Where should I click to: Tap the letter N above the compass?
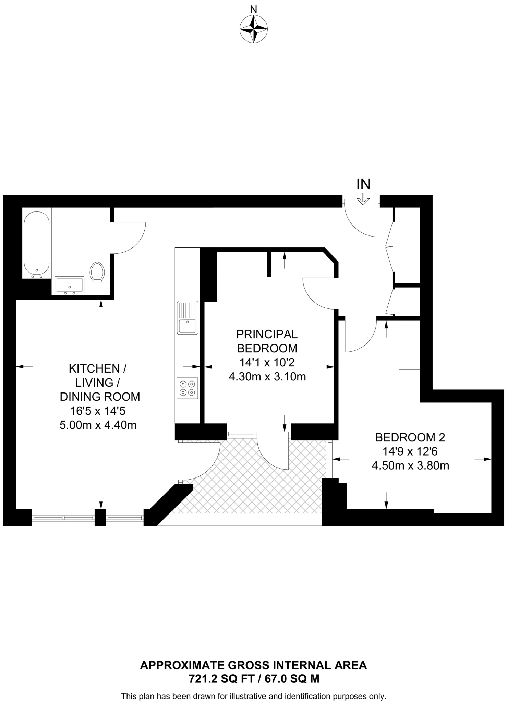pos(253,10)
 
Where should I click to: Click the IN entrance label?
pos(363,184)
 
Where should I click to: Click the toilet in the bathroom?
pos(97,272)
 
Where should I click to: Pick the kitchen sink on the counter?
pos(188,317)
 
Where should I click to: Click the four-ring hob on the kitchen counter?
pos(188,388)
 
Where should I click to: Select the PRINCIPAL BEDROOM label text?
pos(267,341)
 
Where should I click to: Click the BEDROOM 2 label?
pos(410,437)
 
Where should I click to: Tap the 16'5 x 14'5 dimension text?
pos(98,411)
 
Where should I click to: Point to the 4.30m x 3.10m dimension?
pos(267,377)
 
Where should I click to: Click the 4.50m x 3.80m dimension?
pos(410,465)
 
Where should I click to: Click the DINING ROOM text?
pos(100,397)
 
